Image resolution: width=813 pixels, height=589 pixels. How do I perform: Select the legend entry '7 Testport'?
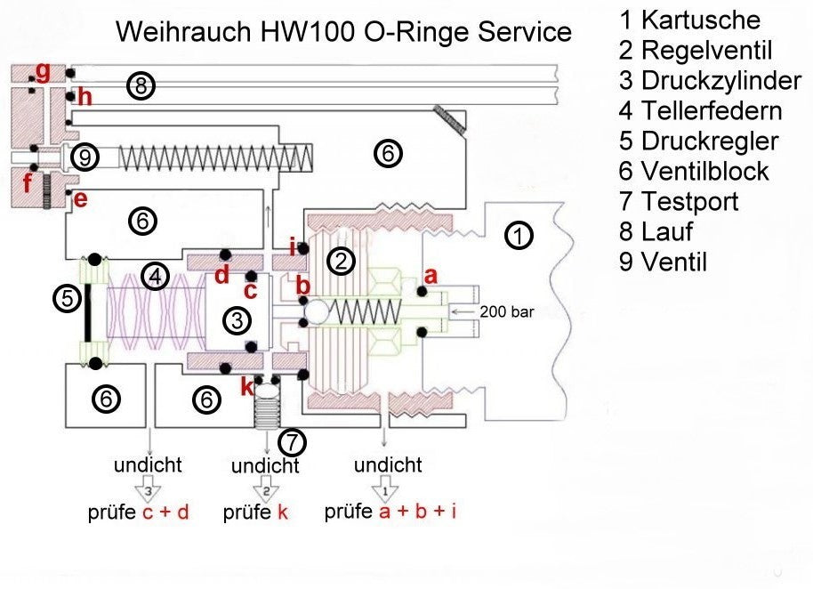click(679, 201)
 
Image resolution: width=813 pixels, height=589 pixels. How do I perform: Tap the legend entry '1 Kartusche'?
click(689, 20)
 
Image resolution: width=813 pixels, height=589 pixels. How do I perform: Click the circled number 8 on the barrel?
click(141, 86)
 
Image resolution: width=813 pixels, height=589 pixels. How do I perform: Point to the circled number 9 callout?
click(84, 157)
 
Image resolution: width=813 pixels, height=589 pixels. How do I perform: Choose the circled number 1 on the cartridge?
click(517, 236)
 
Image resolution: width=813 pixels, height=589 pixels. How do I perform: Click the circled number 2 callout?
click(341, 261)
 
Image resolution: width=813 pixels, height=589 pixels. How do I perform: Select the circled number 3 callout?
click(236, 320)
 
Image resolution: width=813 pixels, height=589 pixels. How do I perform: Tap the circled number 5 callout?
click(67, 299)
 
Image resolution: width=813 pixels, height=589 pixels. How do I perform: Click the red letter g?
click(42, 69)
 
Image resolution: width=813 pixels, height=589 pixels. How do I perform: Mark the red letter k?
click(246, 388)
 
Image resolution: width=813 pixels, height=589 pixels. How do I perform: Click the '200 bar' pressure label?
click(506, 312)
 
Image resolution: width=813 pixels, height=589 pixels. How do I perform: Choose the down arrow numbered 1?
click(384, 489)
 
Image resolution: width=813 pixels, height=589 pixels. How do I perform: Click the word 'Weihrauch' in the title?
click(183, 32)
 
